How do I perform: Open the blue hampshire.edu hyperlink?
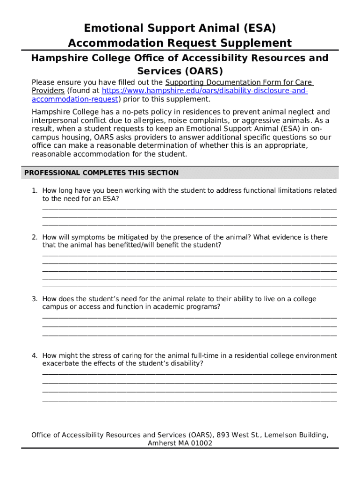(x=204, y=91)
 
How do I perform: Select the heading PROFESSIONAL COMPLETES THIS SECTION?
(x=101, y=173)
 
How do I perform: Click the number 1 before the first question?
(x=34, y=191)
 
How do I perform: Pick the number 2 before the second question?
(x=34, y=237)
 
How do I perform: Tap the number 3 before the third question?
(x=34, y=299)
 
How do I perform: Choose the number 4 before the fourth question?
(x=34, y=356)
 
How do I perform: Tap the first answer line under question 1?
(x=189, y=209)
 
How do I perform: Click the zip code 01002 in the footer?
(x=202, y=443)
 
